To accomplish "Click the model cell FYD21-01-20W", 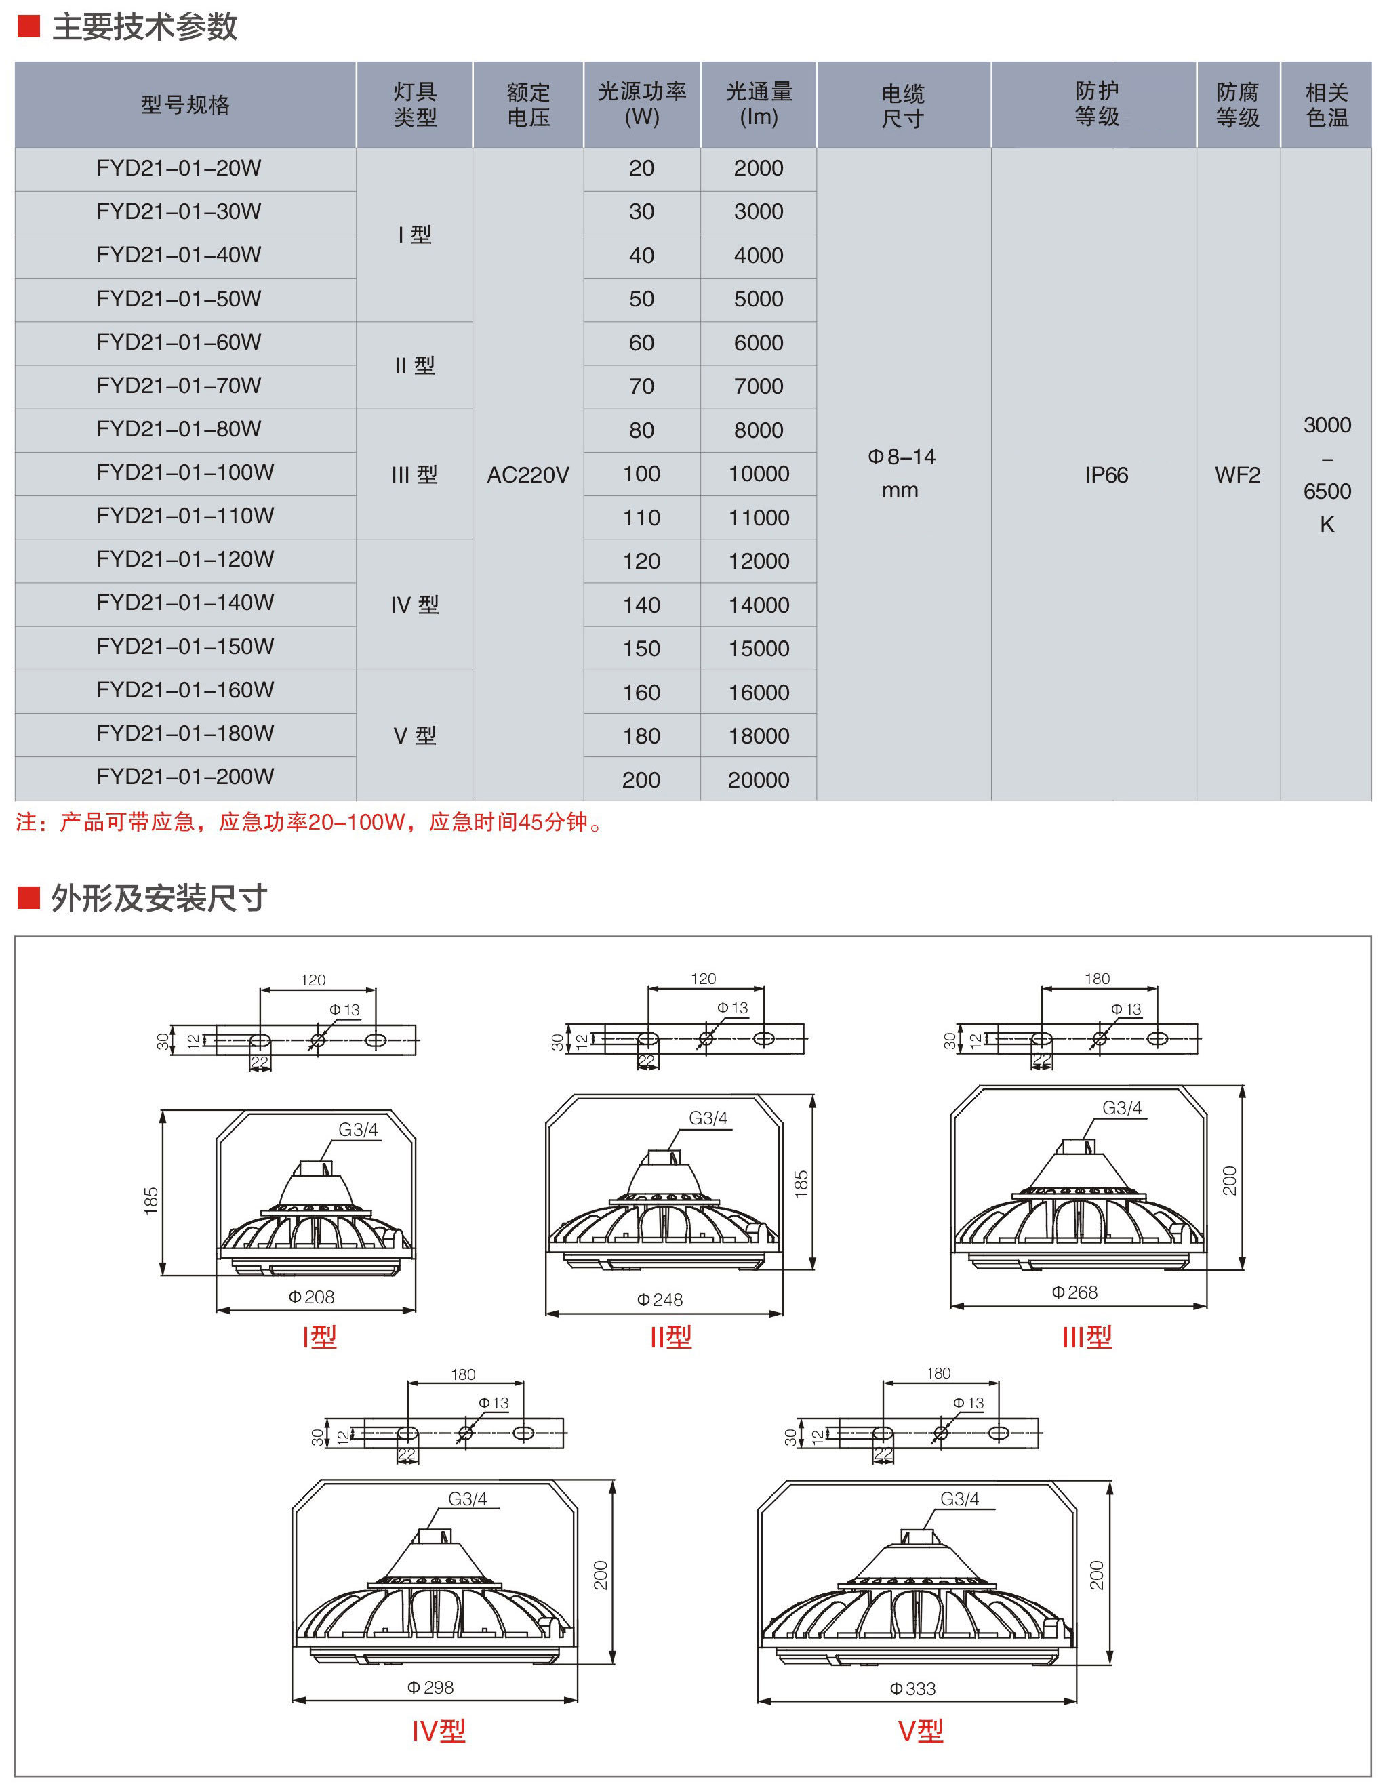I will tap(178, 168).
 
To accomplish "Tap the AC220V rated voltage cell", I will tap(527, 475).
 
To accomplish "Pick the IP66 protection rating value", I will tap(1106, 475).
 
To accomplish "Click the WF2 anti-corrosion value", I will tap(1237, 475).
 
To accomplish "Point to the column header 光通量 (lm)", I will tap(759, 104).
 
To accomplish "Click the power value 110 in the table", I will tap(641, 518).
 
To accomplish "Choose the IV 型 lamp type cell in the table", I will tap(414, 605).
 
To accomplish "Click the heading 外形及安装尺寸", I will tap(159, 899).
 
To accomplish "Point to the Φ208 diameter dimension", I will tap(312, 1297).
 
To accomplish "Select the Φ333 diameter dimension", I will tap(912, 1688).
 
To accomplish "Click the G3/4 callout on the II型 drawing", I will tap(708, 1118).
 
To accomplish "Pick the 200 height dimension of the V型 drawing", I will tap(1096, 1575).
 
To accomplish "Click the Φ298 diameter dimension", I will tap(430, 1687).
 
